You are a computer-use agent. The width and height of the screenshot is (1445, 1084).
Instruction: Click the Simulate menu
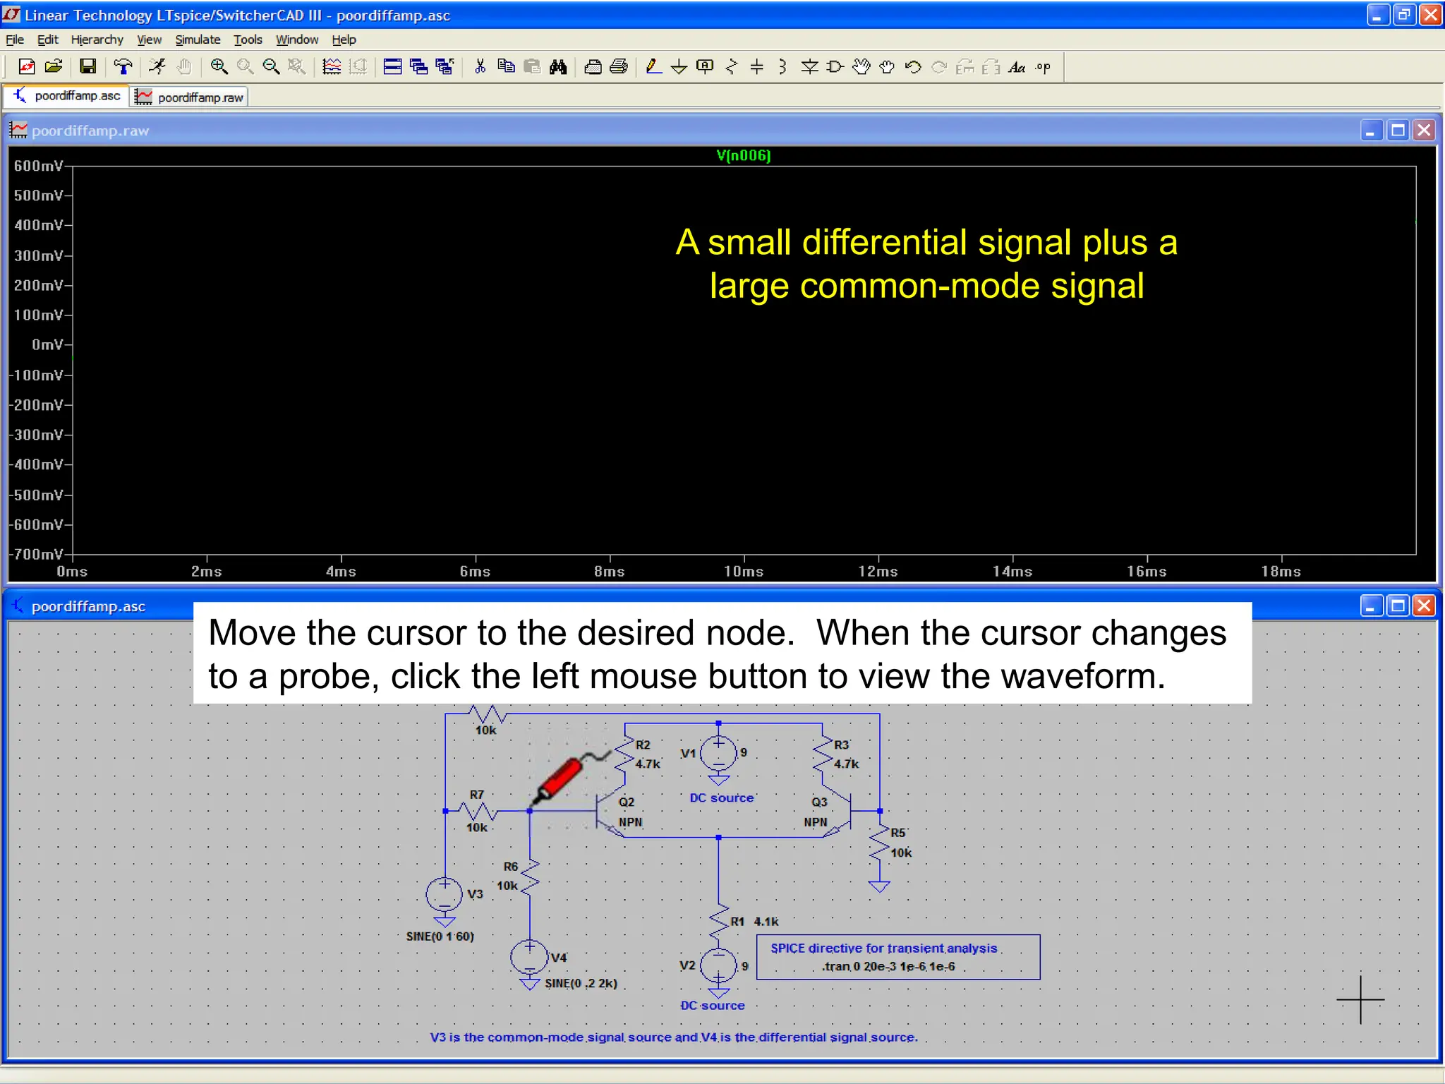point(198,40)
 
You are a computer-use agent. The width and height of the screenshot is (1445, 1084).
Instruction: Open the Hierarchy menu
point(97,40)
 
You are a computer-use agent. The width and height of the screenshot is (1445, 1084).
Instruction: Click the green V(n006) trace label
point(743,155)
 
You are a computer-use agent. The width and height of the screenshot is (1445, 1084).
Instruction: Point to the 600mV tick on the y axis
point(38,166)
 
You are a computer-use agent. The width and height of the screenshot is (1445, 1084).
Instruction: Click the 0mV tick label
point(47,345)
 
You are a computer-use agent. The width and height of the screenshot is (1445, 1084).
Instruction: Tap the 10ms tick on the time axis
point(744,572)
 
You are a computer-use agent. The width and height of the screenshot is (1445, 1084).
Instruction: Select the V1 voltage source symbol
point(718,754)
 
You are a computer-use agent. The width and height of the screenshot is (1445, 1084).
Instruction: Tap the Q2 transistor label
point(627,802)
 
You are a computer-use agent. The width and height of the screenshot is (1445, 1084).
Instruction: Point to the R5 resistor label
point(897,833)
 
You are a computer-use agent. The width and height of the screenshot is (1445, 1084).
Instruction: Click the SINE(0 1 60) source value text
point(440,937)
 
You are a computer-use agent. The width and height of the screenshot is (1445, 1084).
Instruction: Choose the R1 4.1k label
point(754,922)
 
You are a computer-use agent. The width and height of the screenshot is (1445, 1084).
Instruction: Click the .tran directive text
point(888,967)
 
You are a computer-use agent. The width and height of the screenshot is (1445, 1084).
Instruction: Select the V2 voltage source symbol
point(718,965)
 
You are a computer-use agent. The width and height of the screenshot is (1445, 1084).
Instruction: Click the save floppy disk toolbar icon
point(87,66)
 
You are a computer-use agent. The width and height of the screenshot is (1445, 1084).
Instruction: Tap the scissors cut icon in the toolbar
point(480,66)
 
